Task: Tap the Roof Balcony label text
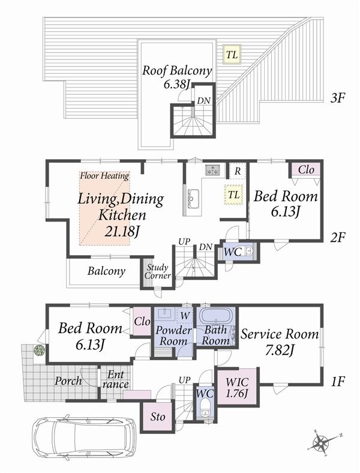[176, 71]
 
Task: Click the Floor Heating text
[105, 176]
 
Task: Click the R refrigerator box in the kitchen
[238, 170]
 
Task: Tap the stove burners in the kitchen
[212, 170]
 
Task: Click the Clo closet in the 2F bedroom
[305, 169]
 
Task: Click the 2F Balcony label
[106, 271]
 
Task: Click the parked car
[83, 442]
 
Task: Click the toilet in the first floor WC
[205, 411]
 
